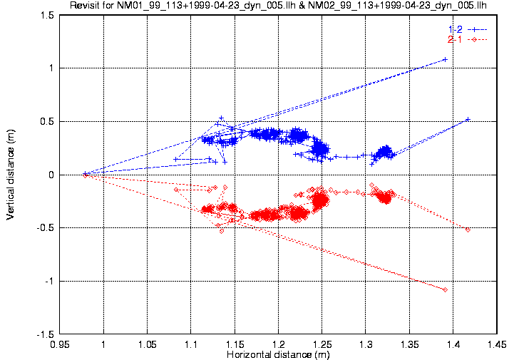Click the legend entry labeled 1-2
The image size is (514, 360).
(454, 29)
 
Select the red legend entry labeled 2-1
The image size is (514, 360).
(454, 38)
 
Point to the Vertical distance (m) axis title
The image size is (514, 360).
(10, 174)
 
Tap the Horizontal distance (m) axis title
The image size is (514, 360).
(278, 354)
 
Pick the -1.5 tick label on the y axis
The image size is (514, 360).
(44, 334)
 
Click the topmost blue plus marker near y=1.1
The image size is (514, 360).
(445, 59)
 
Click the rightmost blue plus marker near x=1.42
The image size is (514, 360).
(468, 120)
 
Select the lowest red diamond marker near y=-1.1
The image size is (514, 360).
(445, 289)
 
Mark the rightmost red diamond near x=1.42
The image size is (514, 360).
(468, 230)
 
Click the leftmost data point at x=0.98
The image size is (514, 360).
(86, 174)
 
